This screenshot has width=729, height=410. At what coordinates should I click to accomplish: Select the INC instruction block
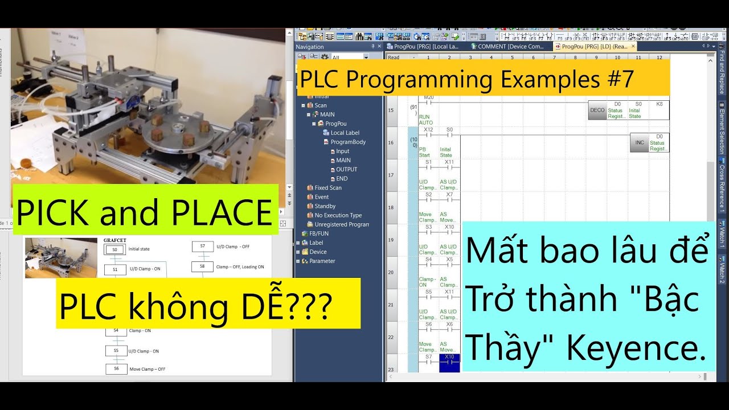[x=639, y=143]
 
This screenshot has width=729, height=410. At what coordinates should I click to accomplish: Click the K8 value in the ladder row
[x=659, y=104]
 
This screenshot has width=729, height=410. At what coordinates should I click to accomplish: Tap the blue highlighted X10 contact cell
[x=449, y=362]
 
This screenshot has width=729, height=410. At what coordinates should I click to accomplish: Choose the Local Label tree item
[x=345, y=133]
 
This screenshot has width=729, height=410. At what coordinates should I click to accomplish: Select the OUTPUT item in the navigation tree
[x=346, y=169]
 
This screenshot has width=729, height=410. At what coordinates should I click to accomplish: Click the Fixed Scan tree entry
[x=328, y=188]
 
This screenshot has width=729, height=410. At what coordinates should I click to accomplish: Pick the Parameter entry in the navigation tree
[x=322, y=261]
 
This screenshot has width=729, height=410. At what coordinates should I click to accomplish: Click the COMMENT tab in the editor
[x=510, y=47]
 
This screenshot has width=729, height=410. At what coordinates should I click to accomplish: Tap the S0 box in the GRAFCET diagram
[x=114, y=249]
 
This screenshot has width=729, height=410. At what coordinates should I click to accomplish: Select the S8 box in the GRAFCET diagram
[x=202, y=266]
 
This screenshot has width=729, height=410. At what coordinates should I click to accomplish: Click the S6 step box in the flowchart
[x=116, y=368]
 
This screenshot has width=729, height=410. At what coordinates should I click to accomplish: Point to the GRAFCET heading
[x=114, y=240]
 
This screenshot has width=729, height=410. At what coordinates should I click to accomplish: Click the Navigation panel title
[x=310, y=47]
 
